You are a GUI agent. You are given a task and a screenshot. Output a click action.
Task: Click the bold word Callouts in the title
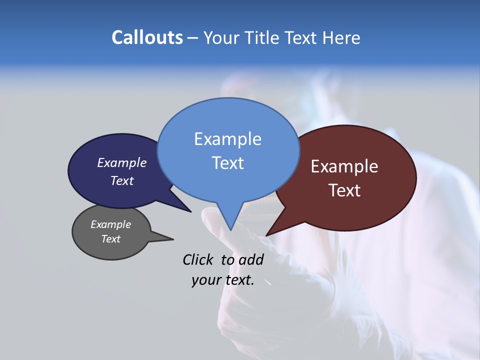point(147,37)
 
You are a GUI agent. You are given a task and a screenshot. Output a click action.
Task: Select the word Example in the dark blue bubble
point(122,162)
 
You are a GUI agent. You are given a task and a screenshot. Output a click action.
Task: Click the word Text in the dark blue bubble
point(122,180)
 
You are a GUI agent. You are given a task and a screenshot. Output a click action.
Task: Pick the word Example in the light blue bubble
point(227,138)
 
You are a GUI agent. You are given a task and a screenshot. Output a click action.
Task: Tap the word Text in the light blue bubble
point(227,162)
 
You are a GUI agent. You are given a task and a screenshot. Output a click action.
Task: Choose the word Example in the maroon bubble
point(344,166)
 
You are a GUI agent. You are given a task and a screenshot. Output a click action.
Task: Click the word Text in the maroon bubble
point(344,190)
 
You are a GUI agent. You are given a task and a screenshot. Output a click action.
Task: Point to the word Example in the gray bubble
point(110,224)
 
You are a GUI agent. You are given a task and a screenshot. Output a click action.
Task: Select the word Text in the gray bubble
point(110,239)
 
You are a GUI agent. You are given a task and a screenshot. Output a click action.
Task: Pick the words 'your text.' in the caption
point(223,280)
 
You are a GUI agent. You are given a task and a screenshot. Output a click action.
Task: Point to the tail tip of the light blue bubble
point(230,229)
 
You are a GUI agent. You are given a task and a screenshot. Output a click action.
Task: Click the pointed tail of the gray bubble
point(172,239)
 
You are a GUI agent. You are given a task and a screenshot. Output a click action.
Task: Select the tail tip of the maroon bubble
point(267,235)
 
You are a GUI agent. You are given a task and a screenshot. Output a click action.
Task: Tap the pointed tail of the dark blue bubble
point(190,211)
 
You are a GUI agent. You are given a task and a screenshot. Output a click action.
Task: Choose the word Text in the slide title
point(302,37)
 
